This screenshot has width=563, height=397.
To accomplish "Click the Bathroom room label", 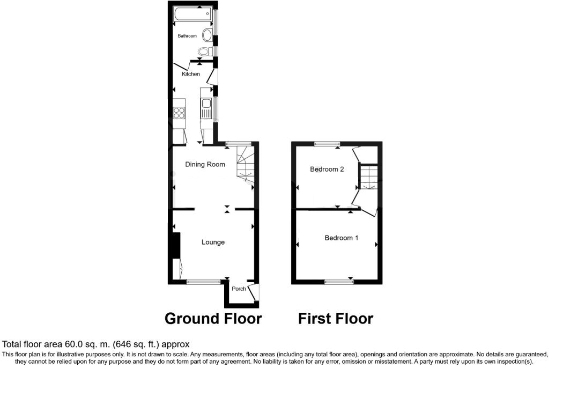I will tap(187, 36).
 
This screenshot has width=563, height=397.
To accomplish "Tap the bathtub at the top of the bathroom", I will tap(192, 15).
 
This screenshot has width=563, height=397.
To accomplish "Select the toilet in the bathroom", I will tap(204, 52).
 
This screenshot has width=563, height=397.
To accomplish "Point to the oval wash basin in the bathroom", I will tap(207, 35).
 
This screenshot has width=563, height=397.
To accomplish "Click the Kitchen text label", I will tap(191, 74).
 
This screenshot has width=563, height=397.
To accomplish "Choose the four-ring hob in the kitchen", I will tap(179, 113).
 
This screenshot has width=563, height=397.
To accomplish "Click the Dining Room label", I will tap(205, 164).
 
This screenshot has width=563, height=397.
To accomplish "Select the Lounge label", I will tap(213, 242).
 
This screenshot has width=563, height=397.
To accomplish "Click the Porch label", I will tap(239, 289).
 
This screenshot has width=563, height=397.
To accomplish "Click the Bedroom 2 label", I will tap(327, 169).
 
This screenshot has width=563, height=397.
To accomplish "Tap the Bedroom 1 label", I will tap(341, 238).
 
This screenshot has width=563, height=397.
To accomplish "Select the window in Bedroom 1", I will tap(339, 281).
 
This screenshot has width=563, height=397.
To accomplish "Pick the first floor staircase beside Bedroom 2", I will tap(368, 177).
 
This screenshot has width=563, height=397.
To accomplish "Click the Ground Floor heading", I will tap(213, 319).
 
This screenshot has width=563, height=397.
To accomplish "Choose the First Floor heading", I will tap(336, 319).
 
